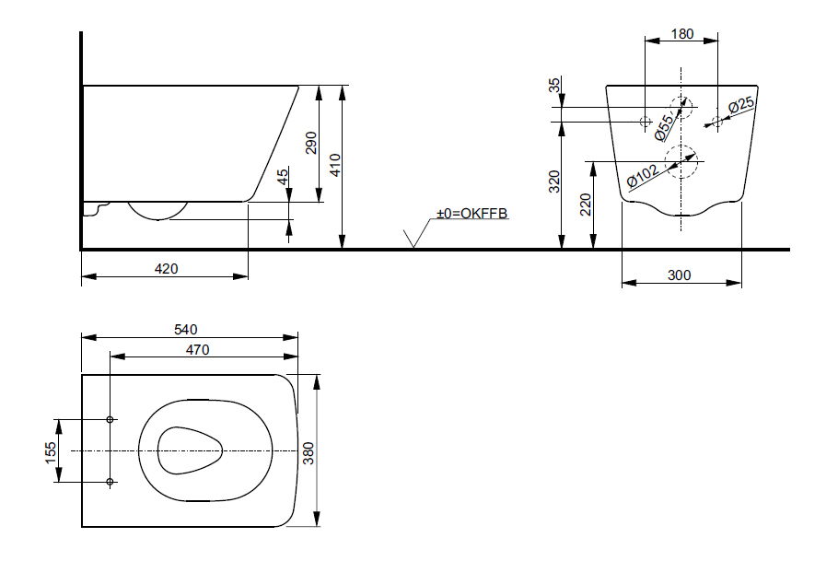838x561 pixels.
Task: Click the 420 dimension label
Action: pos(166,269)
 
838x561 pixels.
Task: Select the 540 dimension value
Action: pos(187,329)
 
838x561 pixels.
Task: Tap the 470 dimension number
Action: pos(198,349)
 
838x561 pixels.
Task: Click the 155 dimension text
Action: pos(52,450)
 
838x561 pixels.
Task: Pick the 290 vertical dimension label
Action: pos(311,143)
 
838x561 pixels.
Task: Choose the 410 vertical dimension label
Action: pos(336,165)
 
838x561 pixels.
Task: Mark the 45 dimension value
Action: pos(283,176)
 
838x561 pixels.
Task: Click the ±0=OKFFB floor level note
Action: pos(472,214)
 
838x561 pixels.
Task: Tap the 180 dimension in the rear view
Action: pos(681,34)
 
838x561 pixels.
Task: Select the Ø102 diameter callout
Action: pos(641,175)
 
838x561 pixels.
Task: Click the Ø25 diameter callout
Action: pos(741,107)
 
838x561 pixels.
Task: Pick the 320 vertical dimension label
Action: pos(554,181)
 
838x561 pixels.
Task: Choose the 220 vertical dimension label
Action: pos(585,205)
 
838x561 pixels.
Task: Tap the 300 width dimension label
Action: pos(681,275)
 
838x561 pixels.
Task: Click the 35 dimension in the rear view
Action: pos(554,86)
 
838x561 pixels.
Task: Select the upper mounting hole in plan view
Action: pos(110,420)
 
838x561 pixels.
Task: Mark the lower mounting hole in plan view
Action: pos(110,482)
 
